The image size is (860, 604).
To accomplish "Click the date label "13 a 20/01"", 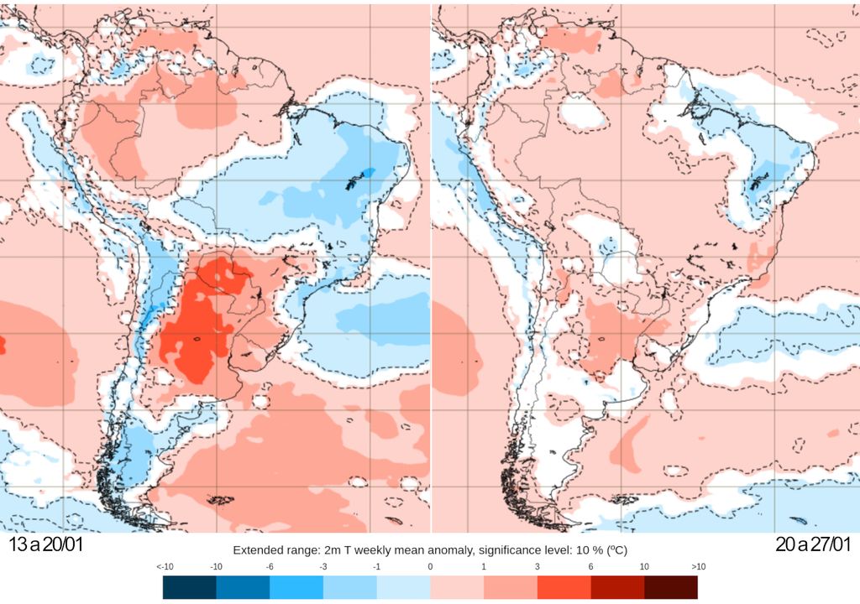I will [46, 544].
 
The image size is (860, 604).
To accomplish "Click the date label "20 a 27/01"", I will [813, 544].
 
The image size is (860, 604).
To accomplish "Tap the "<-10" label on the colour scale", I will [165, 567].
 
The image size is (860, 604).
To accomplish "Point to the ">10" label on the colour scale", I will [699, 567].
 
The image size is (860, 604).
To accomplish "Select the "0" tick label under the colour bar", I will [430, 567].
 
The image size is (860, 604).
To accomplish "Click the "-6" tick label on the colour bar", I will [270, 567].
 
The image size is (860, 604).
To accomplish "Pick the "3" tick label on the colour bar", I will [537, 567].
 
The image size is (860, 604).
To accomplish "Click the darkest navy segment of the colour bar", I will [190, 586].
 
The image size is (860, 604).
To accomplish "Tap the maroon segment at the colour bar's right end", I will [670, 586].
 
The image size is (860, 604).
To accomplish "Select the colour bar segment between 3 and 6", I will [564, 586].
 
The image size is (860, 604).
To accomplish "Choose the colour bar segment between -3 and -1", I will [350, 586].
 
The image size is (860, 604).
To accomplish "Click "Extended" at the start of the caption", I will [256, 551].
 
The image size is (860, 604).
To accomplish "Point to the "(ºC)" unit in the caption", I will [616, 551].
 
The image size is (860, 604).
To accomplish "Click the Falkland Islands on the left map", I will [220, 500].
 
